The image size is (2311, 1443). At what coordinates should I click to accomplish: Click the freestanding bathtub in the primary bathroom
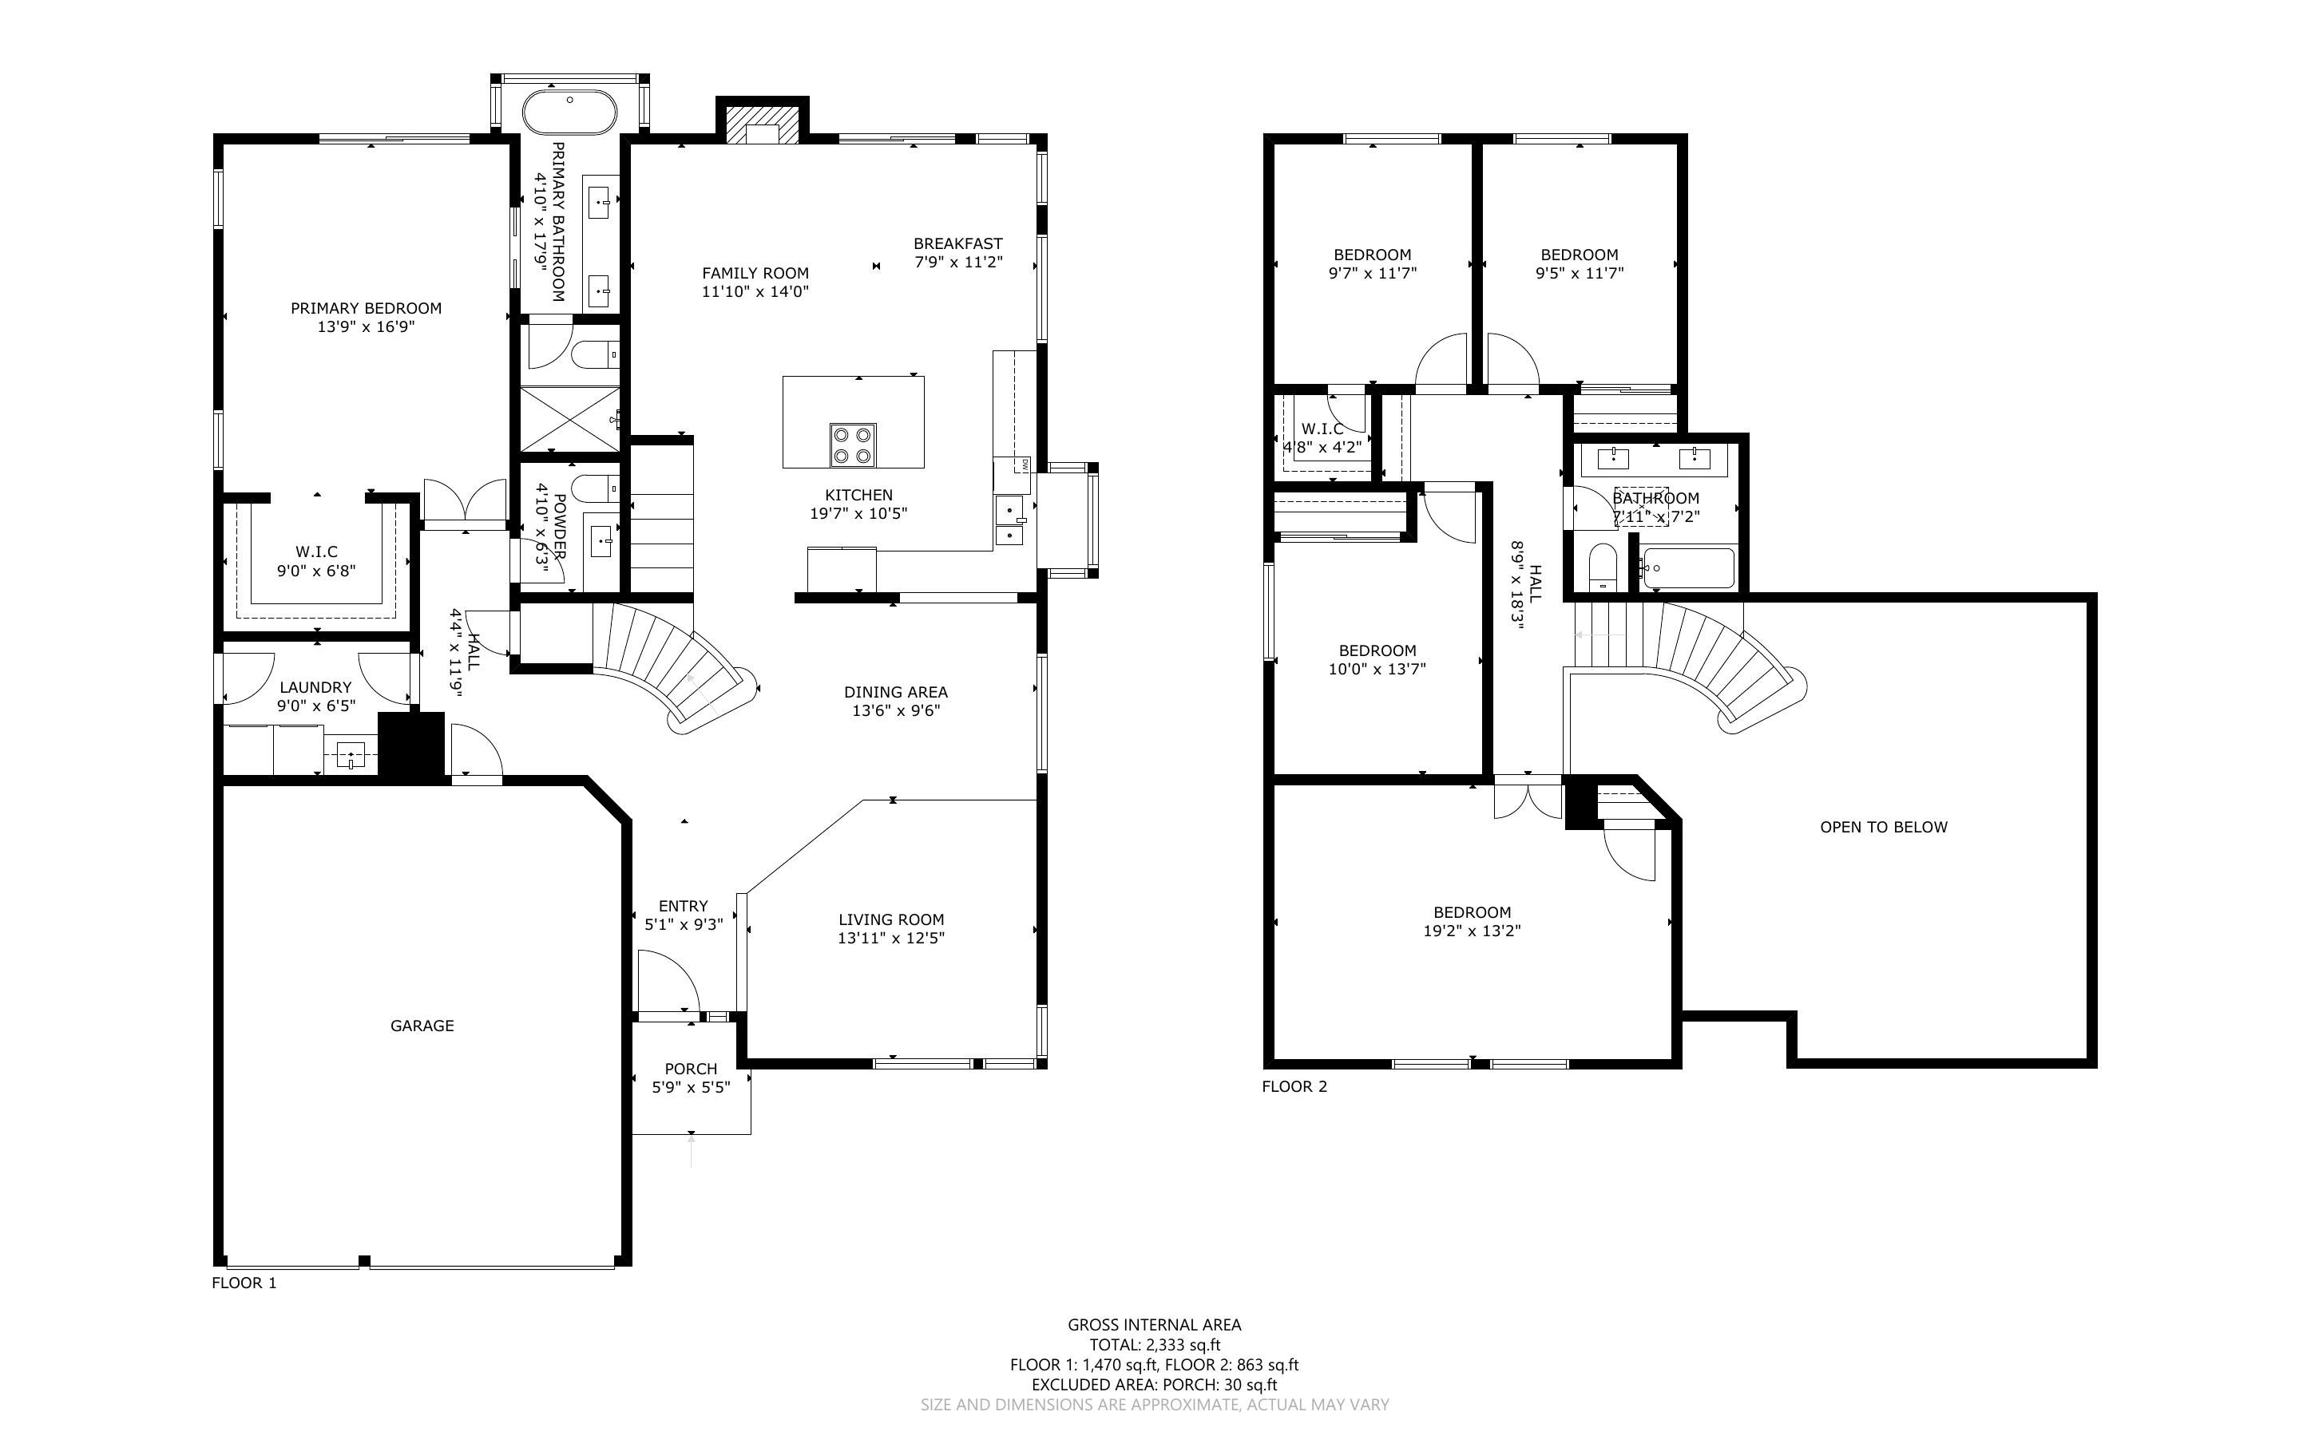point(570,113)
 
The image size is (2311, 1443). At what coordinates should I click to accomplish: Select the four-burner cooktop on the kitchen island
point(852,445)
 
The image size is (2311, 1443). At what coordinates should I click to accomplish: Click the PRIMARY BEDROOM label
point(366,308)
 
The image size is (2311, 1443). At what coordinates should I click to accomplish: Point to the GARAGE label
point(422,1026)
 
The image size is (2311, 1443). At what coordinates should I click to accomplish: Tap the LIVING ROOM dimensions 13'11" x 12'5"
point(890,938)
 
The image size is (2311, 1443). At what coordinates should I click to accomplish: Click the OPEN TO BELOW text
point(1882,828)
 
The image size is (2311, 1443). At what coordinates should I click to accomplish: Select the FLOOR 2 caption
point(1294,1086)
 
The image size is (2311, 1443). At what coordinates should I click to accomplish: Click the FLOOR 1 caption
point(244,1283)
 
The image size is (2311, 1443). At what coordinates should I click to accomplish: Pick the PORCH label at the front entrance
point(690,1069)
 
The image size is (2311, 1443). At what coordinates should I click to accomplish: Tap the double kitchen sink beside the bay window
point(1010,520)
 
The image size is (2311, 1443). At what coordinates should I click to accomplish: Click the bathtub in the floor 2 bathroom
point(1687,569)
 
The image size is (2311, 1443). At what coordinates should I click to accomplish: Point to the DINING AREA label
point(895,692)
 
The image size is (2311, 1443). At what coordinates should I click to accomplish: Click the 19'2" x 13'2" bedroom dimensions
point(1471,931)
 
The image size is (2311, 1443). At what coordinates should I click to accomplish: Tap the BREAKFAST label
point(957,243)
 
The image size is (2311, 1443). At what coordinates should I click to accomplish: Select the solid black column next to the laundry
point(411,745)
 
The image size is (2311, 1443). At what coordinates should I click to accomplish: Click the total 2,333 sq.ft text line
point(1154,1345)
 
